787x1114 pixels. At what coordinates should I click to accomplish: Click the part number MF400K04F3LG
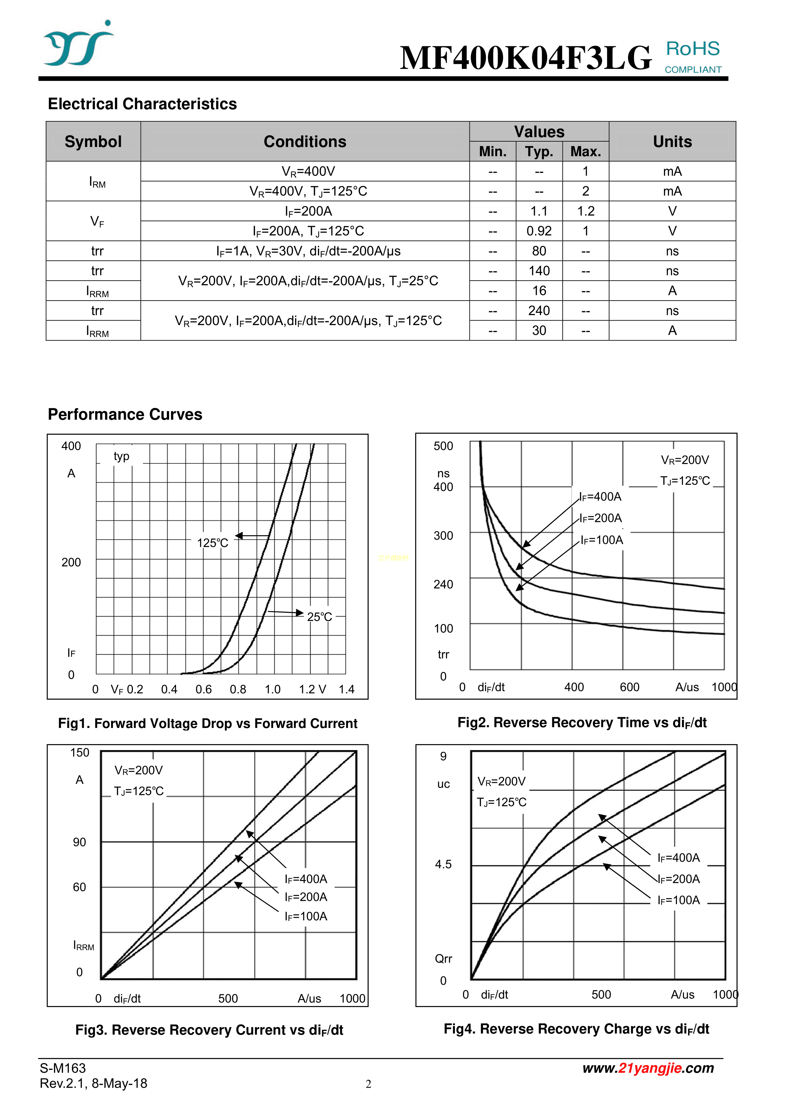click(x=525, y=58)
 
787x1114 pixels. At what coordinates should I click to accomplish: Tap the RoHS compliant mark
click(x=693, y=56)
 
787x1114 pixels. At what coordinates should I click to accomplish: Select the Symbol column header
click(x=93, y=141)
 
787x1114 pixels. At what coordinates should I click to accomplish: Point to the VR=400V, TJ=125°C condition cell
click(x=308, y=191)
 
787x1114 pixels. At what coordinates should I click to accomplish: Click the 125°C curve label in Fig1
click(x=213, y=543)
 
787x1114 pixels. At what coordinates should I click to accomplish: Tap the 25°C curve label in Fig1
click(x=319, y=617)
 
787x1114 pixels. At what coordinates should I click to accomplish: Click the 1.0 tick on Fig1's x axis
click(x=272, y=689)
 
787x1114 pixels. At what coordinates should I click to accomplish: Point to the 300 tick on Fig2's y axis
click(x=443, y=536)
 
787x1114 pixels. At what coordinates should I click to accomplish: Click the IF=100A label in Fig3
click(x=306, y=916)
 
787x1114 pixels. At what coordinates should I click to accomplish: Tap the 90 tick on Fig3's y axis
click(x=80, y=842)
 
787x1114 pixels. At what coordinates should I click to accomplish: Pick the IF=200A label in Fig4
click(x=679, y=879)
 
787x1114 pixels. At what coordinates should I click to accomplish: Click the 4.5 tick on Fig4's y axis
click(x=443, y=864)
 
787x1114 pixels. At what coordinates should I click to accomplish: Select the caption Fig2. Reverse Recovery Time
click(x=582, y=723)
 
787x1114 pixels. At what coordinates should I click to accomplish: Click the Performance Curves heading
click(x=125, y=414)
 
